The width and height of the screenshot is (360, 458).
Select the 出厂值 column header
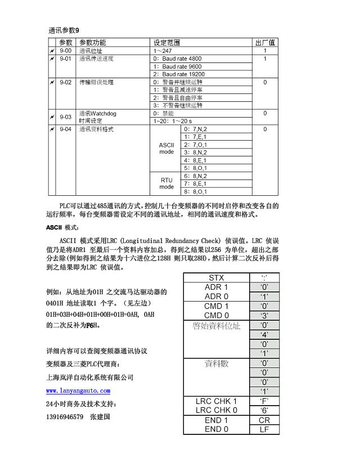[264, 42]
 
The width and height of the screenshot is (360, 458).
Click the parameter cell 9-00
[66, 51]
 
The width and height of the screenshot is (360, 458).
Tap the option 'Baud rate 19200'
[179, 74]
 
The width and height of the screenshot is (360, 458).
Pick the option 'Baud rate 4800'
[177, 59]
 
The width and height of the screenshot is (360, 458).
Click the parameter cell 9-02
[66, 82]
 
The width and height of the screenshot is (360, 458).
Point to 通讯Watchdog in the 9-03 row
[97, 113]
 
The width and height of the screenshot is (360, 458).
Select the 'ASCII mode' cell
[166, 148]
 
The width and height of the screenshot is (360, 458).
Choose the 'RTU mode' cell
[166, 183]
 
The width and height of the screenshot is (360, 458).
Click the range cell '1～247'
[163, 51]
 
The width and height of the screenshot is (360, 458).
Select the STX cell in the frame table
[216, 277]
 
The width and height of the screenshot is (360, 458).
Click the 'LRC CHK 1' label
[216, 401]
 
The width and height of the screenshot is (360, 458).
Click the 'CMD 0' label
[216, 315]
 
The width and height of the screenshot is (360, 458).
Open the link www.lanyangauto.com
[78, 390]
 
